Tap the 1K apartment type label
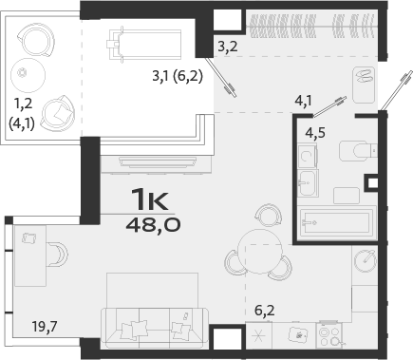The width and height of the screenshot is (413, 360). coord(149,201)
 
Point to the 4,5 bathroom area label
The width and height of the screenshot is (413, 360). coord(315,132)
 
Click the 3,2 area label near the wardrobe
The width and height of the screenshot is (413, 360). coord(227,45)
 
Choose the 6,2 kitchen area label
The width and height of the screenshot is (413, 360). coord(265,308)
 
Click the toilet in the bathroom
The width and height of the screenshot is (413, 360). coord(360,150)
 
